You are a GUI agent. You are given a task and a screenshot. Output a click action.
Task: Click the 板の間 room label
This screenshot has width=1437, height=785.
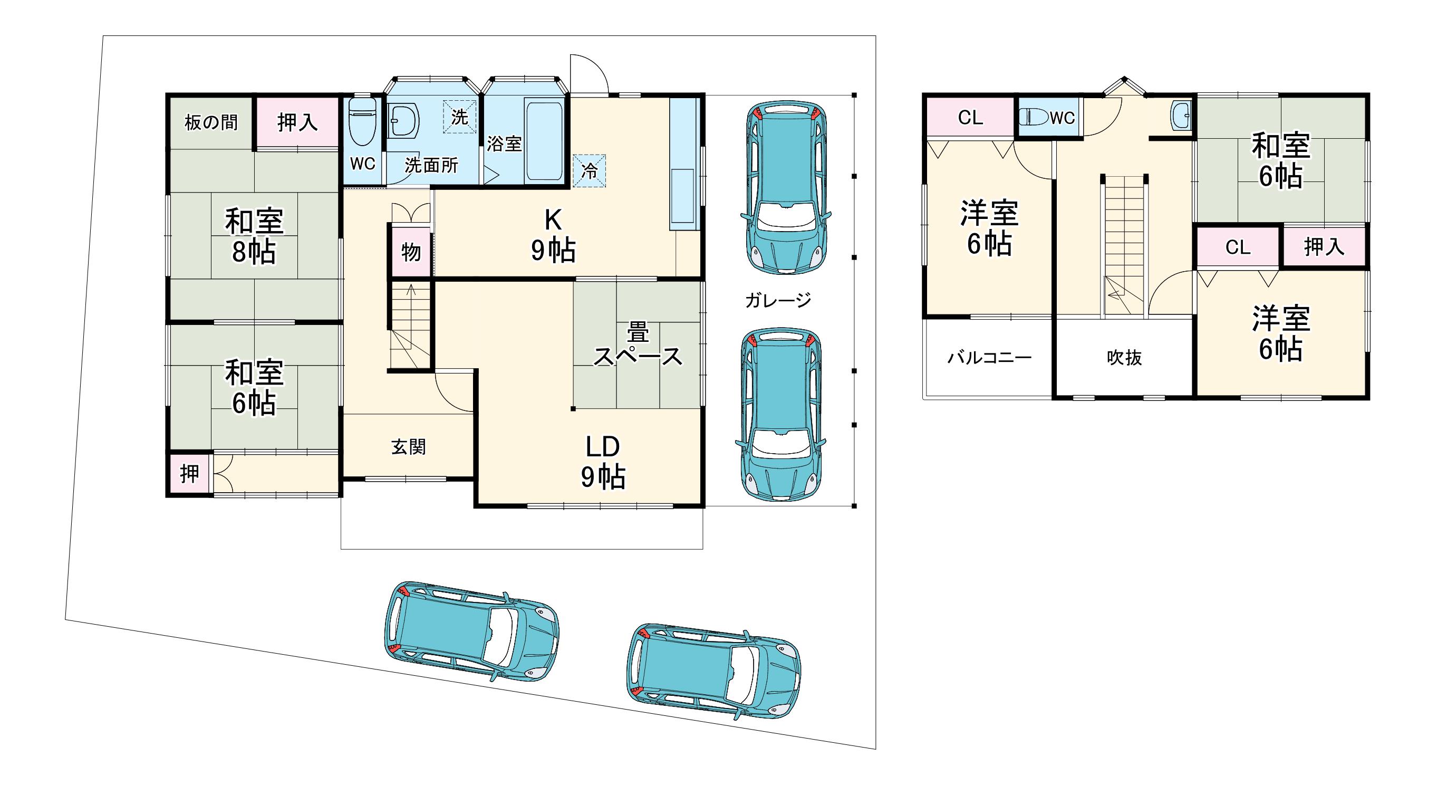[x=211, y=122]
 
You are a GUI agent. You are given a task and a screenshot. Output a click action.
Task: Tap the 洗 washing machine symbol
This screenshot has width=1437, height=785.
[x=460, y=117]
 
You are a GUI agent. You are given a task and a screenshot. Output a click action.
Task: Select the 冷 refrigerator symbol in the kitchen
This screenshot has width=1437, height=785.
[x=589, y=171]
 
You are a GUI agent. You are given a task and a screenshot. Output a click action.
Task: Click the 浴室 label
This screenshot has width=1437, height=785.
[x=504, y=144]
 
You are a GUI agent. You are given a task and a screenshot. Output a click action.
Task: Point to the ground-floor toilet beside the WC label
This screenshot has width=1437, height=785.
[x=362, y=122]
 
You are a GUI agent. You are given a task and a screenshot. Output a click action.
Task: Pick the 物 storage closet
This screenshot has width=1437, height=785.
[x=411, y=252]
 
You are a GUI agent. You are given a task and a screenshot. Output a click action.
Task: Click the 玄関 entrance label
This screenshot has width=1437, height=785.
[x=408, y=446]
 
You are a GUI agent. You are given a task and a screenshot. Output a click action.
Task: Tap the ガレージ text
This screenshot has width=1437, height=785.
[x=778, y=300]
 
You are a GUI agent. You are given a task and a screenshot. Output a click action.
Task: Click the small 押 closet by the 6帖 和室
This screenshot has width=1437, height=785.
[x=190, y=474]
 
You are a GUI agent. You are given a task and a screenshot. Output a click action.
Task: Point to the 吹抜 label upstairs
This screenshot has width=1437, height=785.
[x=1124, y=358]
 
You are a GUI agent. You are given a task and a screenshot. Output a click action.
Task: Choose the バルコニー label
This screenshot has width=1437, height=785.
[x=990, y=357]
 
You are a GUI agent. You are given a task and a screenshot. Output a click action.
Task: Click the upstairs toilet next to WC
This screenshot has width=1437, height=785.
[x=1034, y=117]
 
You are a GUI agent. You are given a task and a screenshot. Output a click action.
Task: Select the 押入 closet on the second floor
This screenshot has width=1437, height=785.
[x=1324, y=246]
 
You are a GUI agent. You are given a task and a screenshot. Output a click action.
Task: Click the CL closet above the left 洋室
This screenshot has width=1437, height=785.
[x=970, y=117]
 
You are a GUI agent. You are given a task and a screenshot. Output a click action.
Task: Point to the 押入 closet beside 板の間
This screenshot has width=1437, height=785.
[x=297, y=122]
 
